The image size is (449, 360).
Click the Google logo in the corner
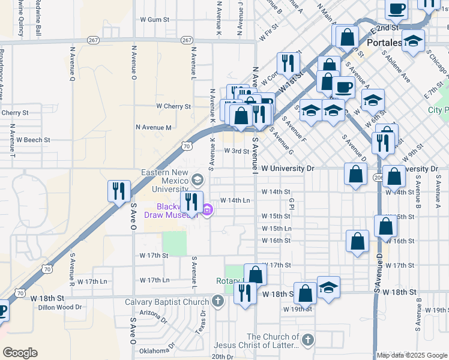point(20,352)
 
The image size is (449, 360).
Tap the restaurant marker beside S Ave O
point(119,191)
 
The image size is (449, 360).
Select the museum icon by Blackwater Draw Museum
point(208,209)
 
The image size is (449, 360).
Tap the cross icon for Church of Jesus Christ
point(308,340)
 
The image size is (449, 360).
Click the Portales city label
point(385,43)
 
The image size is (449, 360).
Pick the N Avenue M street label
point(154,127)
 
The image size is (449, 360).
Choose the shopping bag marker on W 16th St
point(357,241)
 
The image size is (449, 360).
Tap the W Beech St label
point(33,140)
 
